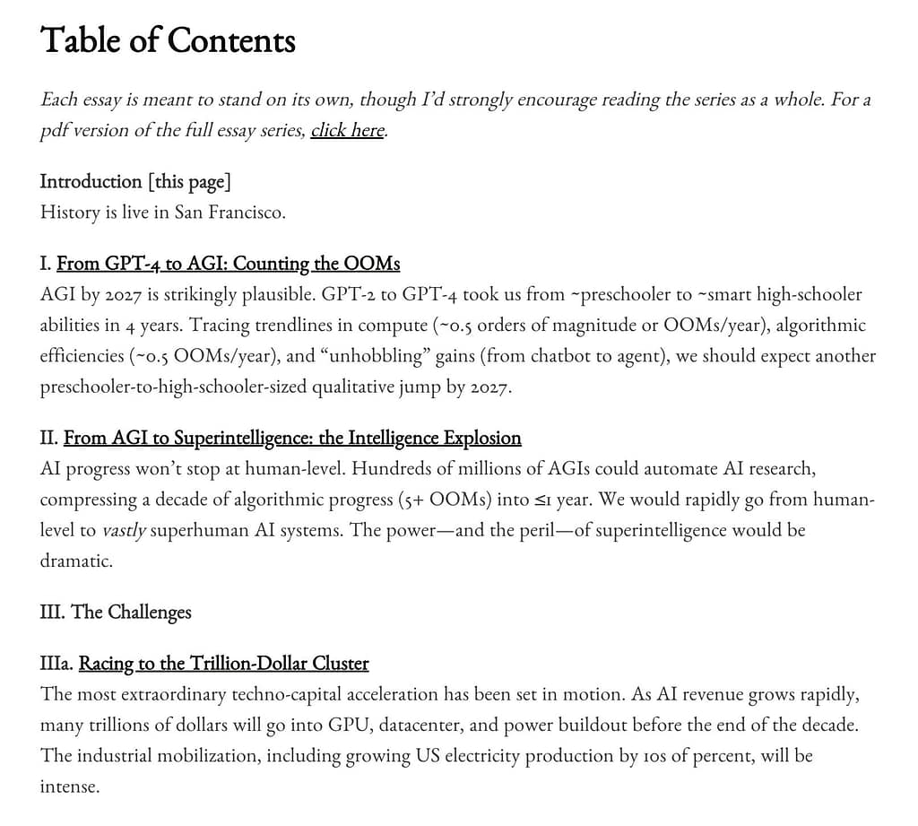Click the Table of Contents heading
[x=168, y=41]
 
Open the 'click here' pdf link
[x=347, y=130]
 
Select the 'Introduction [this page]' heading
[x=135, y=182]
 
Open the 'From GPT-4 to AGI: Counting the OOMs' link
[x=228, y=264]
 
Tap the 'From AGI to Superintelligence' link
[x=292, y=438]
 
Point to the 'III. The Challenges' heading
[x=116, y=612]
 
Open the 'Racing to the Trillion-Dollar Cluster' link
[x=223, y=664]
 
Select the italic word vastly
[x=123, y=530]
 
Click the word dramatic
[x=75, y=561]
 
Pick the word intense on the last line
[x=68, y=787]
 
